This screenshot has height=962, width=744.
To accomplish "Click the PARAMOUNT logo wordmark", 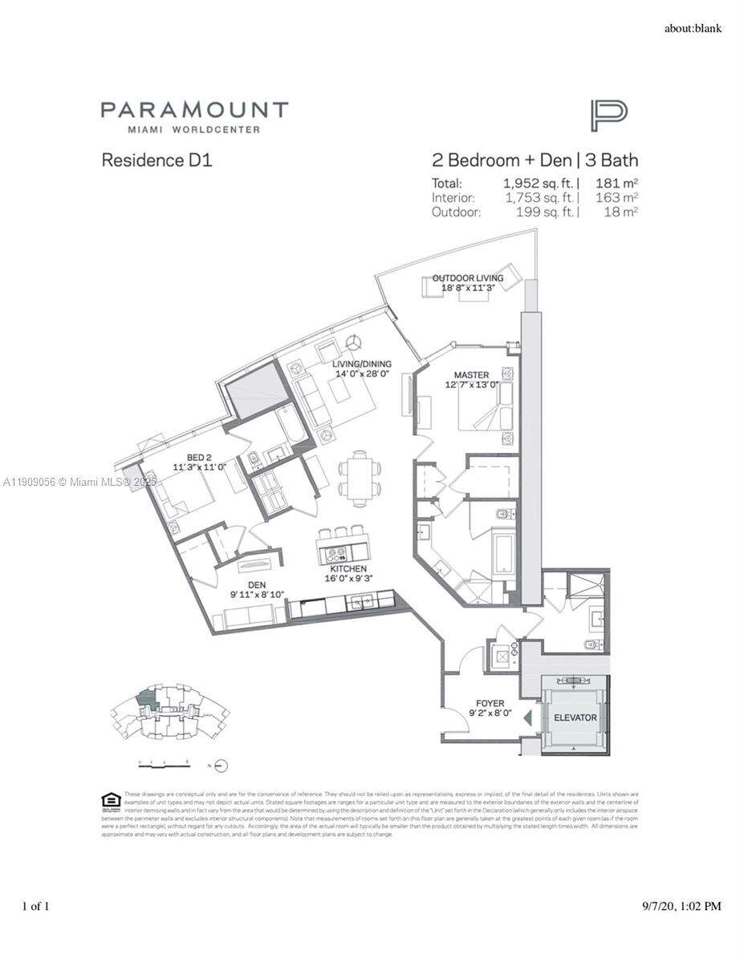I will point(194,111).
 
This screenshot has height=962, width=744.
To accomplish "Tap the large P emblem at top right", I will point(608,115).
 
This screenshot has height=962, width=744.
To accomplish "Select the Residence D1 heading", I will point(157,160).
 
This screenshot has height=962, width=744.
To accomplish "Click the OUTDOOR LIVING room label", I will point(468,278).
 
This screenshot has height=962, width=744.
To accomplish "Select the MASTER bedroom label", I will point(471,374).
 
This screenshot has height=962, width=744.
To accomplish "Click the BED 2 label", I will point(197,458).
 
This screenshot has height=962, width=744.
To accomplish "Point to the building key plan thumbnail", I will point(171,716).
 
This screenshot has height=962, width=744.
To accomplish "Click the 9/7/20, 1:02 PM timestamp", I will point(681,906).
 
